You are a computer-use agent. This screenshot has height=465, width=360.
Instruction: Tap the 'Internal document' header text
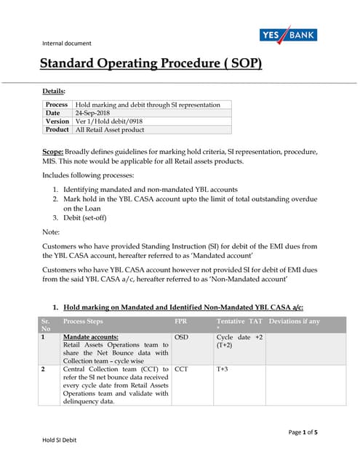67,43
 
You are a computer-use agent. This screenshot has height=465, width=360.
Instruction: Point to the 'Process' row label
56,105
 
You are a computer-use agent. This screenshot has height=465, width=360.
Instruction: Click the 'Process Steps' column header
84,320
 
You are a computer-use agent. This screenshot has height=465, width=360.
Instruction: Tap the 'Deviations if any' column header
295,320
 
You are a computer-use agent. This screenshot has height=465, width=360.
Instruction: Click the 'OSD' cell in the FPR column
182,338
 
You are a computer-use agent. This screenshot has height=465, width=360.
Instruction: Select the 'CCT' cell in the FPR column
182,369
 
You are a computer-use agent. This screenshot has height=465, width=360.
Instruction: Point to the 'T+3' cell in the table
223,369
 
